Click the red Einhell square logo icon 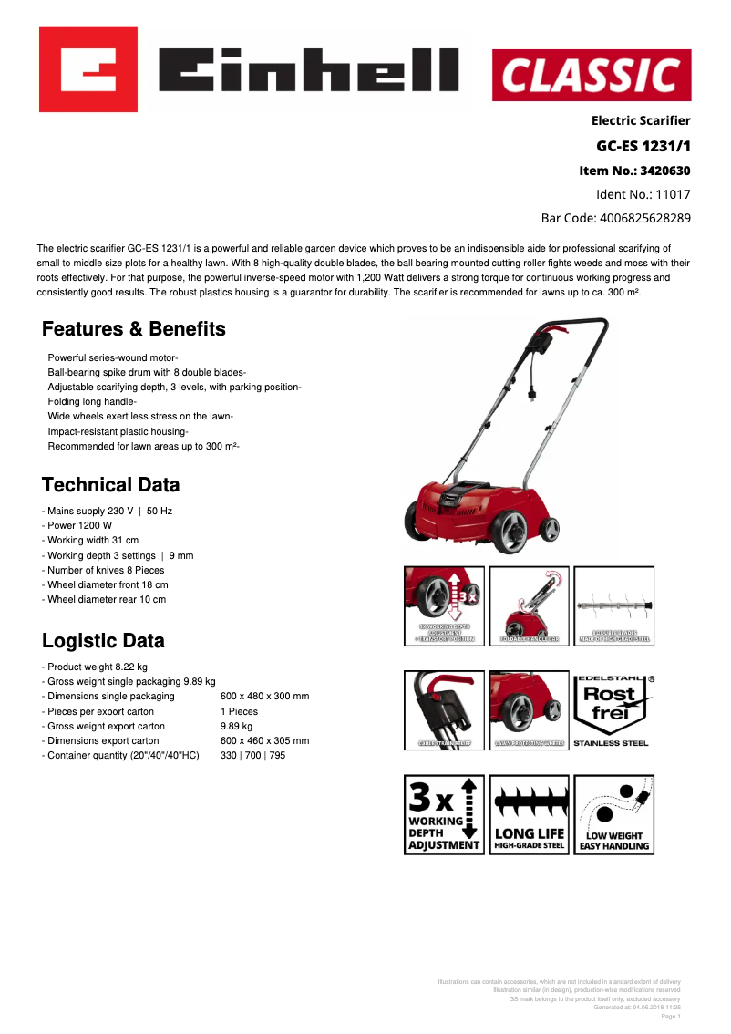tap(88, 69)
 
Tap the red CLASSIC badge tap(592, 76)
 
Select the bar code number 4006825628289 tap(644, 218)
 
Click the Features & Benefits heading tap(134, 329)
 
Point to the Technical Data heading tap(111, 485)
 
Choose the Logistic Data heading tap(104, 641)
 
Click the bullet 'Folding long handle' tap(91, 401)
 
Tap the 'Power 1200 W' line tap(79, 526)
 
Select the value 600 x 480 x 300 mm tap(264, 697)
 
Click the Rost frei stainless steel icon tap(611, 711)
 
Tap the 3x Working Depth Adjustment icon tap(444, 814)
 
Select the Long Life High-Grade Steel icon tap(529, 814)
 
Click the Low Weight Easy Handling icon tap(613, 814)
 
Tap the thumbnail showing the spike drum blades tap(613, 605)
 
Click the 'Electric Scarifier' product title tap(641, 120)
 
